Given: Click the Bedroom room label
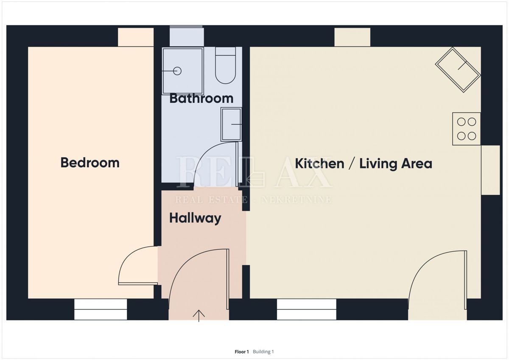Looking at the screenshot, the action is (x=90, y=163).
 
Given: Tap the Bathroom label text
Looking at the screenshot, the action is (x=201, y=98).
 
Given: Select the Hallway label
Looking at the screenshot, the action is (x=195, y=218).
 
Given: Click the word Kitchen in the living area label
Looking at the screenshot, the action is (x=319, y=163).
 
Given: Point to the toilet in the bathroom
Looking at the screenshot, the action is (x=225, y=65).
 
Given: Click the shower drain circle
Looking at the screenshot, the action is (x=177, y=71).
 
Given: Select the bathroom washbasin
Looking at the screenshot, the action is (x=231, y=124).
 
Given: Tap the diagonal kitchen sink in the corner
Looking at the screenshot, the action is (x=458, y=70).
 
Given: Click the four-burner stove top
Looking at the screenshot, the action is (x=466, y=129).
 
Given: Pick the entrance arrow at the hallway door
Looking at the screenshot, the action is (x=199, y=316).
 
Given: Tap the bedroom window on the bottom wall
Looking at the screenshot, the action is (x=101, y=309).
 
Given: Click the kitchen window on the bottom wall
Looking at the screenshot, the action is (x=306, y=309).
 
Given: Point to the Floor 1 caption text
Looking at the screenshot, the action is (x=242, y=352).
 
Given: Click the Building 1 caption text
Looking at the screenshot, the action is (x=263, y=352).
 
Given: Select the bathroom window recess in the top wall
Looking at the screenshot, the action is (x=187, y=37).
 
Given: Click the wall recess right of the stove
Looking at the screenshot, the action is (x=490, y=170).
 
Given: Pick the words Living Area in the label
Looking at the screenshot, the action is (x=396, y=163).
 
